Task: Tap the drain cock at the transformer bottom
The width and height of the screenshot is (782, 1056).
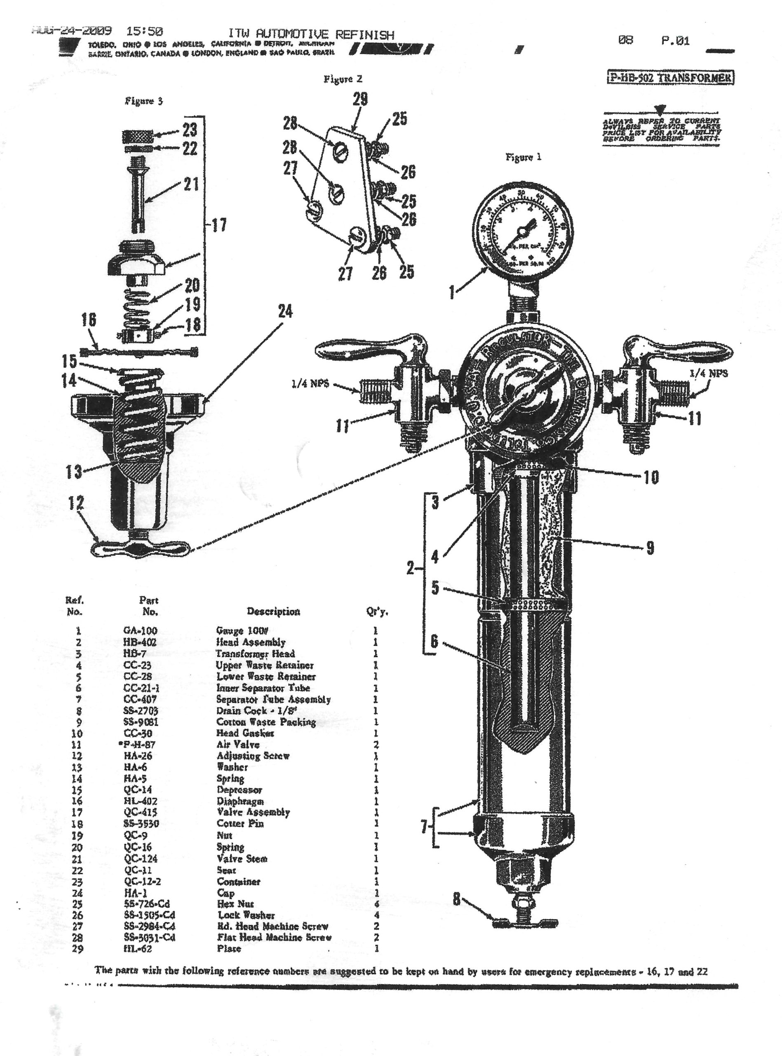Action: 526,921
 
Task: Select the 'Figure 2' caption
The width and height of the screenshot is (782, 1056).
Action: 343,79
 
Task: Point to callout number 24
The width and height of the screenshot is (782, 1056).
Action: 285,311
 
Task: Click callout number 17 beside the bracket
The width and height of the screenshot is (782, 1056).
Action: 219,225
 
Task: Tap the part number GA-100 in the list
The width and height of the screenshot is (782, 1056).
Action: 140,631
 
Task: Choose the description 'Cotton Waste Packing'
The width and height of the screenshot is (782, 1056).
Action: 266,722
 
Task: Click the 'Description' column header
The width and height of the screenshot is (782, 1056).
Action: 273,611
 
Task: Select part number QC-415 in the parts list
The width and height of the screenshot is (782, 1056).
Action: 141,813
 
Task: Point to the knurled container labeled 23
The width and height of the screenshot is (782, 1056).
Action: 137,138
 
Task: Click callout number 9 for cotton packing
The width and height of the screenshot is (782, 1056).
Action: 650,548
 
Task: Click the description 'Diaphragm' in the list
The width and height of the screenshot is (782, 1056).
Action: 240,801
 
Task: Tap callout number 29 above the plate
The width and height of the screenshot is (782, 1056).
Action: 360,99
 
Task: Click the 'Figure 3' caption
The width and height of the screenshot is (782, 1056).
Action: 144,101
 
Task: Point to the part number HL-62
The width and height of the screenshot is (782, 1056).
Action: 138,948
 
